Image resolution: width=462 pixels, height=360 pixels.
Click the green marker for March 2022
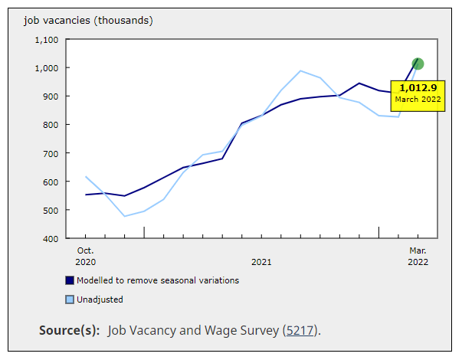[418, 64]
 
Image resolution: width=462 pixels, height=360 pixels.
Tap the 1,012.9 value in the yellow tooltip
[418, 87]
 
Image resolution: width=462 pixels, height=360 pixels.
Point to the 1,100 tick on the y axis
[46, 40]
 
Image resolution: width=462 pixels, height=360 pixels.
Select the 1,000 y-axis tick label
[46, 68]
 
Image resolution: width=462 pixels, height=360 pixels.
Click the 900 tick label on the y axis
[50, 97]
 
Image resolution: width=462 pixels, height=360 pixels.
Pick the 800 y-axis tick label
[50, 125]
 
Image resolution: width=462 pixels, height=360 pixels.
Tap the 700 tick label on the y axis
[50, 154]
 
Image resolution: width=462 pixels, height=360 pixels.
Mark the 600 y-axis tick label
[50, 182]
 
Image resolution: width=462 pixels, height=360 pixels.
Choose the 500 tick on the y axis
[50, 211]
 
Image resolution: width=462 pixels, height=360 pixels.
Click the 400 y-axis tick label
[50, 239]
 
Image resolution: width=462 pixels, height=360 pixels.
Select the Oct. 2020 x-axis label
[85, 256]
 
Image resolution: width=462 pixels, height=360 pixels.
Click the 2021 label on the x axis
[261, 262]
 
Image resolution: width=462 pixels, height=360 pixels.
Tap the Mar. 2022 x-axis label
[418, 256]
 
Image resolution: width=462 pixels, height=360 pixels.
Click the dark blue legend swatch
[70, 280]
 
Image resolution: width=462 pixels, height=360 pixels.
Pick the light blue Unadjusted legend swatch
[70, 299]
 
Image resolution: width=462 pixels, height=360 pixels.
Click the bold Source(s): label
[69, 331]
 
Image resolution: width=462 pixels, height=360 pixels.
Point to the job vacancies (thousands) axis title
[88, 20]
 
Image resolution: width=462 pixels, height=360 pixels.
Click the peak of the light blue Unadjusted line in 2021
[300, 71]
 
